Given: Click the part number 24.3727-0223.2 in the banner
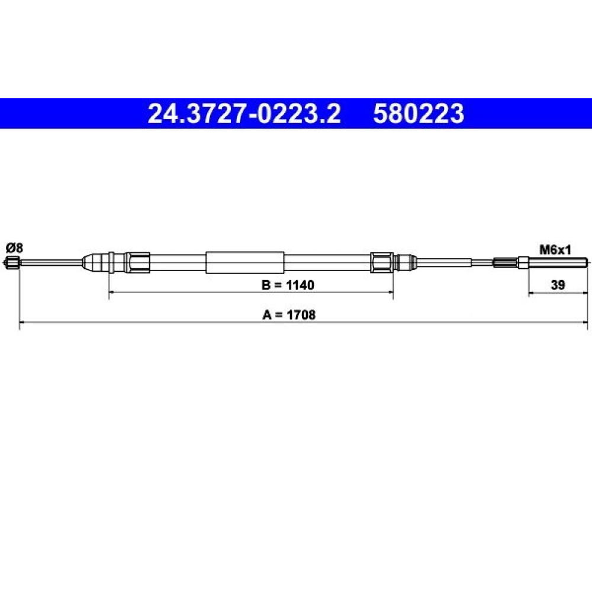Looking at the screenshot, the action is coord(244,114).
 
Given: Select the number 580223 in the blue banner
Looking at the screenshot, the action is coord(419,114).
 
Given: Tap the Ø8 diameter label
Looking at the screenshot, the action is coord(14,248).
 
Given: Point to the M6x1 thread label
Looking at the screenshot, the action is coord(555,250).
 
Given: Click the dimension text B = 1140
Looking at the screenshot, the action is coord(288,285).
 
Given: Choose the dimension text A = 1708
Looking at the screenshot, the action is coord(289,314).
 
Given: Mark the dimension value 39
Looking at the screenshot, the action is coord(558,285).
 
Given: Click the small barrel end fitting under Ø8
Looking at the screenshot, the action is coord(11,262).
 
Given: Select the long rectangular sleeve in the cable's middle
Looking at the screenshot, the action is coord(244,262).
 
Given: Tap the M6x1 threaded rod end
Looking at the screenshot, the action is coord(558,262).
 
